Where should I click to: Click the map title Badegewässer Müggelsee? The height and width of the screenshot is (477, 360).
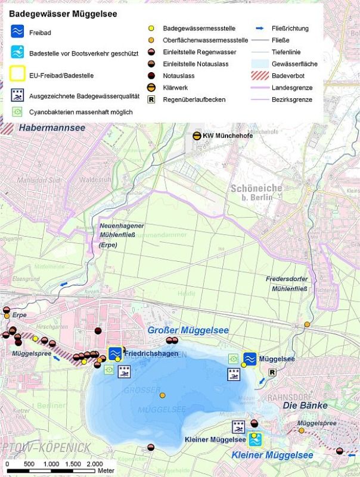(x=63, y=13)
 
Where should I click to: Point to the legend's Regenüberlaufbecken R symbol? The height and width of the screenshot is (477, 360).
(x=151, y=99)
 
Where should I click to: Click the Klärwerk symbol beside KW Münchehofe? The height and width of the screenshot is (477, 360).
(x=196, y=136)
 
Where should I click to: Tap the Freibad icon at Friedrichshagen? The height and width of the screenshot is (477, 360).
(x=115, y=354)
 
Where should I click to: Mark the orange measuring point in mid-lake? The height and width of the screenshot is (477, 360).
(x=162, y=395)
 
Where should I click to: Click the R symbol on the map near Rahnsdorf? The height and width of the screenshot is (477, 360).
(x=272, y=372)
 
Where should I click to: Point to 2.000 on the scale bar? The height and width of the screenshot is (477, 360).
(x=95, y=464)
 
